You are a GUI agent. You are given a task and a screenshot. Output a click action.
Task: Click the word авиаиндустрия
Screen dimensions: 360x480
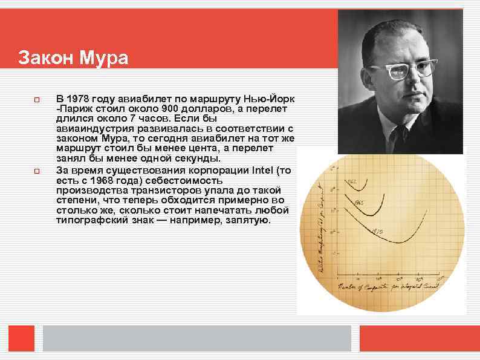[89, 129]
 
